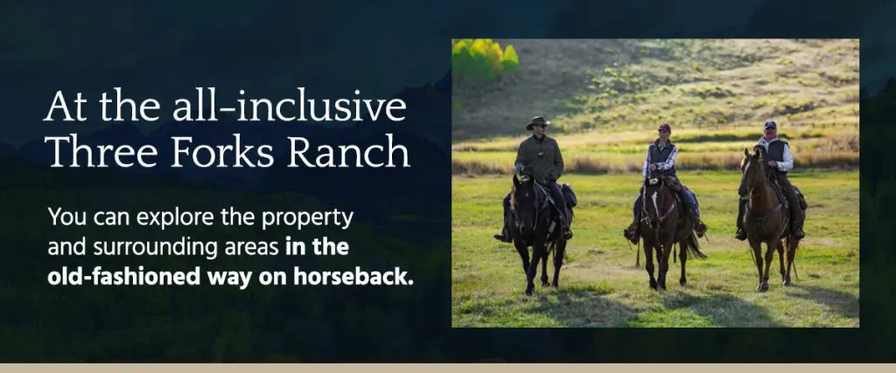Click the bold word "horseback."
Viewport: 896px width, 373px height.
click(x=353, y=276)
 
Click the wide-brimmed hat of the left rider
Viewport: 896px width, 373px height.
click(x=538, y=121)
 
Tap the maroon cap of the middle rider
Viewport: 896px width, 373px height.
click(x=664, y=128)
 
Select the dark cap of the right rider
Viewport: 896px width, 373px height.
click(x=770, y=124)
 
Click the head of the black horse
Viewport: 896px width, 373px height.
click(x=522, y=200)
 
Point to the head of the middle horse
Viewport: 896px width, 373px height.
click(x=654, y=200)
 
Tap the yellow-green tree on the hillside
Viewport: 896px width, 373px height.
click(x=484, y=59)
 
